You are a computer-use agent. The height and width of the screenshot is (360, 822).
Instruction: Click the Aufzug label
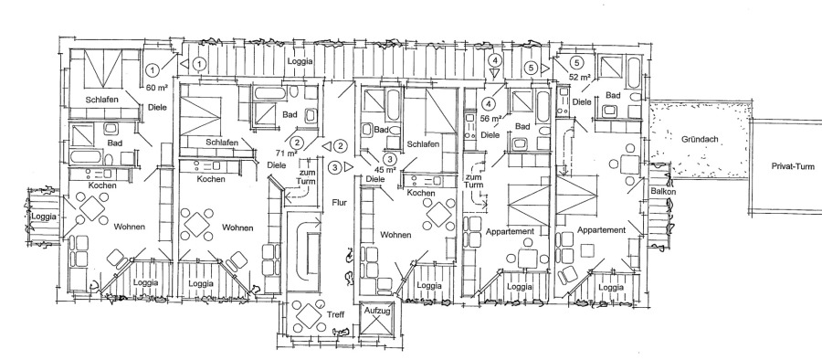click(x=377, y=312)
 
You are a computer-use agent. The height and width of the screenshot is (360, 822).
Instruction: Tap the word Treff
click(x=335, y=315)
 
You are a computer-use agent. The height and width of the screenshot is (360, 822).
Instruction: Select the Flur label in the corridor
click(x=340, y=203)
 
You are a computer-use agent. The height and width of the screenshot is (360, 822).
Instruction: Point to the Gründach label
click(x=700, y=140)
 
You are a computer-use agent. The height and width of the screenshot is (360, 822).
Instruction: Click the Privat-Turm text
click(x=793, y=166)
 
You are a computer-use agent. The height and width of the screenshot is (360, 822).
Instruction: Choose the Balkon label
click(x=663, y=192)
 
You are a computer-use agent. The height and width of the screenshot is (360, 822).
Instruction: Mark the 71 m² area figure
click(x=287, y=154)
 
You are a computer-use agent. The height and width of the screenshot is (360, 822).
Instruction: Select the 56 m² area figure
click(x=490, y=118)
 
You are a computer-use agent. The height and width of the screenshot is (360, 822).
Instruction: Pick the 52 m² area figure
click(x=580, y=77)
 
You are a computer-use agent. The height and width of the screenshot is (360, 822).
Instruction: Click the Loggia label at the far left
click(x=44, y=217)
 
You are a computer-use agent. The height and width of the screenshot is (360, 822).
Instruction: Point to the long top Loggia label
click(x=300, y=61)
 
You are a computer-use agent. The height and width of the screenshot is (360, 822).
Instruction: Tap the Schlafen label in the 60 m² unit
click(x=102, y=100)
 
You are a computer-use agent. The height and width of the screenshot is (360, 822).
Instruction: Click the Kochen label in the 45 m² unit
click(x=421, y=193)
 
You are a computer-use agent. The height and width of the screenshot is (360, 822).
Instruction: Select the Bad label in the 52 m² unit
click(x=614, y=96)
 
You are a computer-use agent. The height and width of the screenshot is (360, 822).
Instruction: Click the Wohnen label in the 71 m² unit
click(x=237, y=228)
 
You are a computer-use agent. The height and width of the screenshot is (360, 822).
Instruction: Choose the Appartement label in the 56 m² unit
click(x=510, y=231)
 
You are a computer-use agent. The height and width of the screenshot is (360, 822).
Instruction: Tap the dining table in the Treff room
click(x=309, y=316)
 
